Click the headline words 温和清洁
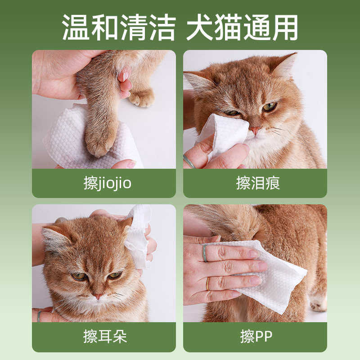[x=118, y=27]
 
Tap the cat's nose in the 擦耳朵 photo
[x=97, y=296]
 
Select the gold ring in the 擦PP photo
[x=207, y=283]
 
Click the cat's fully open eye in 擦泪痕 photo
[x=269, y=107]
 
